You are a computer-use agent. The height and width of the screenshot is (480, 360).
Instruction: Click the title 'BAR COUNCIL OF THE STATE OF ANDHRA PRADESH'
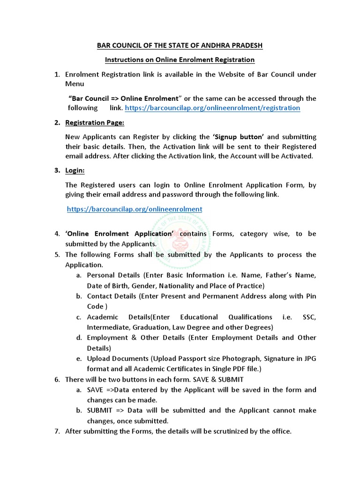(180, 45)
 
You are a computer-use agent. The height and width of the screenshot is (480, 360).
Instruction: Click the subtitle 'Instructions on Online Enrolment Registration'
(180, 60)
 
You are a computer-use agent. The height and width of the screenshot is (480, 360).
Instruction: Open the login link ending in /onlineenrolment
(135, 210)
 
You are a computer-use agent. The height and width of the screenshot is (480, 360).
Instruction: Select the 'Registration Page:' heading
(95, 123)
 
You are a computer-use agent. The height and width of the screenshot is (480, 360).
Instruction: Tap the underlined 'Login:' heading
(75, 171)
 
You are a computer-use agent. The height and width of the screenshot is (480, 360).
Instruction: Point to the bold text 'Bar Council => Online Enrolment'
(125, 98)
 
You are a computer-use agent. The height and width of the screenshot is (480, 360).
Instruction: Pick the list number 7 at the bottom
(56, 431)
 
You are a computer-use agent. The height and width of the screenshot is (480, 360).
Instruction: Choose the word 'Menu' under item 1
(75, 84)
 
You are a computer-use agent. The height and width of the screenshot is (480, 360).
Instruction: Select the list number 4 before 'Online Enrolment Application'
(56, 233)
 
